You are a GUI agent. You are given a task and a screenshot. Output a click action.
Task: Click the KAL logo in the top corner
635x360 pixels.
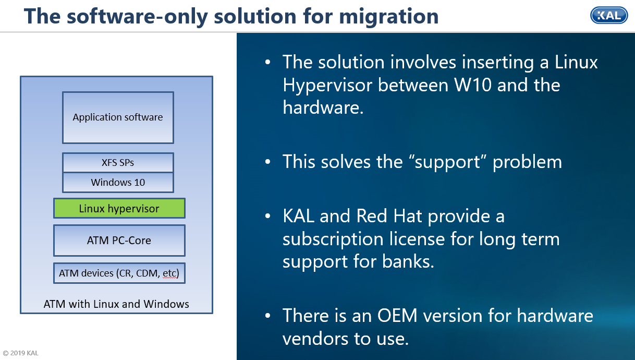click(608, 15)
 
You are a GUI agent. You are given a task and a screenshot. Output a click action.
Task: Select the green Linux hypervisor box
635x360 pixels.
click(119, 209)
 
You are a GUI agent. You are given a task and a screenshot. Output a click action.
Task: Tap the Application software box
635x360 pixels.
click(118, 117)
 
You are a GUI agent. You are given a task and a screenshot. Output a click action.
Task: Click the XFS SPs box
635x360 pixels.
click(118, 162)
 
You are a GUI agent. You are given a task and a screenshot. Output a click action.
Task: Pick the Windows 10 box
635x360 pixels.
click(118, 183)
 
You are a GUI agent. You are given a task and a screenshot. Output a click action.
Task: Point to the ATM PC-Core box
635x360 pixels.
click(119, 241)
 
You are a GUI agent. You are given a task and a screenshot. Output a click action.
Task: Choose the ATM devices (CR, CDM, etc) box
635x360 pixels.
click(119, 273)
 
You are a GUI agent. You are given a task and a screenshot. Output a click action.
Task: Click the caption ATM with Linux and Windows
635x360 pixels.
click(116, 304)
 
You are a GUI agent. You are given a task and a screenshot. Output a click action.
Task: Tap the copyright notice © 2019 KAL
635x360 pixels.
click(21, 353)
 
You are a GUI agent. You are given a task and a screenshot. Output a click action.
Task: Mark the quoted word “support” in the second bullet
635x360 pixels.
click(446, 162)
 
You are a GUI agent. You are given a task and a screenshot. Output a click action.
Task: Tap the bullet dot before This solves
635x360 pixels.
click(268, 162)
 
